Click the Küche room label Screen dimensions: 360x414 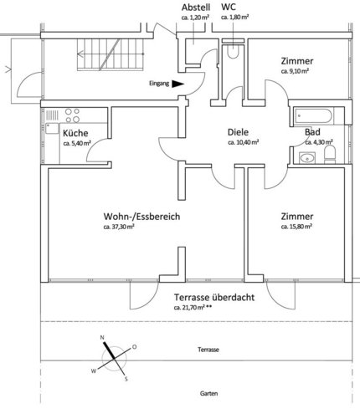pos(75,133)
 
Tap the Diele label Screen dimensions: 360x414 pos(238,132)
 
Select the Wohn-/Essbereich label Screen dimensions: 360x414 pos(141,217)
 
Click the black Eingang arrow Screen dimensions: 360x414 pos(177,84)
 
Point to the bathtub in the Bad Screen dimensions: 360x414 pos(314,116)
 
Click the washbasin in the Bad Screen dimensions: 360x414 pos(307,158)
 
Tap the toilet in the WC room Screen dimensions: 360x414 pos(233,51)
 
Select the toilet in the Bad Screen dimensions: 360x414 pos(330,155)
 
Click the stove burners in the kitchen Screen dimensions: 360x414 pos(72,115)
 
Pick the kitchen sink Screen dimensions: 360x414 pos(52,129)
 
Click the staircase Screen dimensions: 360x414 pos(111,54)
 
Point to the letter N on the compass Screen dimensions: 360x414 pos(102,338)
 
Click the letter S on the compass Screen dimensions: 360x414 pos(126,379)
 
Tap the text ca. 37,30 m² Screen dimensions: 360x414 pos(119,227)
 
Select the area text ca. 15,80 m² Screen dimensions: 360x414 pos(296,227)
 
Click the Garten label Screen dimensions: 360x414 pos(208,394)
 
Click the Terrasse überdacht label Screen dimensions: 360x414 pos(214,298)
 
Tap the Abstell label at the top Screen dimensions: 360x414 pos(196,8)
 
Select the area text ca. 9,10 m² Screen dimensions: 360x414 pos(295,71)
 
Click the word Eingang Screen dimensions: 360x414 pos(159,84)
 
